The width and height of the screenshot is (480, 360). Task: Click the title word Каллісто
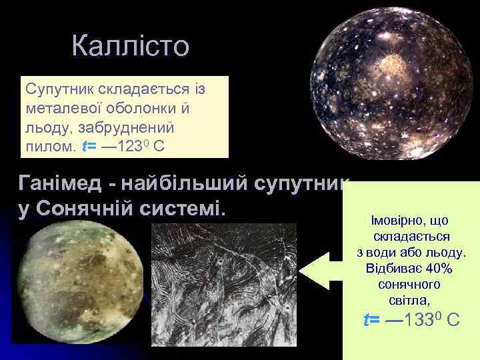(x=131, y=47)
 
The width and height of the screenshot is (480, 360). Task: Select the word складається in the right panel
(x=411, y=237)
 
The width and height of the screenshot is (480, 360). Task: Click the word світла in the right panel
(x=410, y=301)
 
